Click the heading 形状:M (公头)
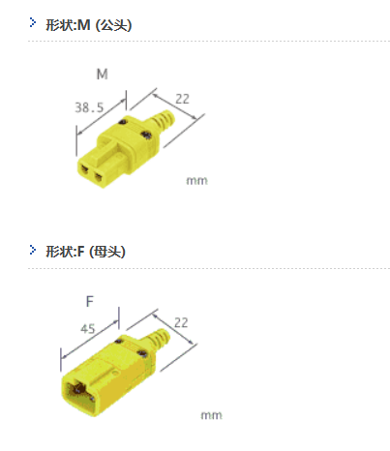pos(89,25)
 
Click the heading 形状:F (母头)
pos(85,252)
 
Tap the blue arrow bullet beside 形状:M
pos(33,22)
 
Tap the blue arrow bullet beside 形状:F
pos(33,250)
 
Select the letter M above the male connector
pos(103,75)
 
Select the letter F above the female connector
pos(90,302)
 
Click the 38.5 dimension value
pos(89,107)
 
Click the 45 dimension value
pos(88,329)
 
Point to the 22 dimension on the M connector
pos(182,99)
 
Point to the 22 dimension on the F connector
pos(181,322)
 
